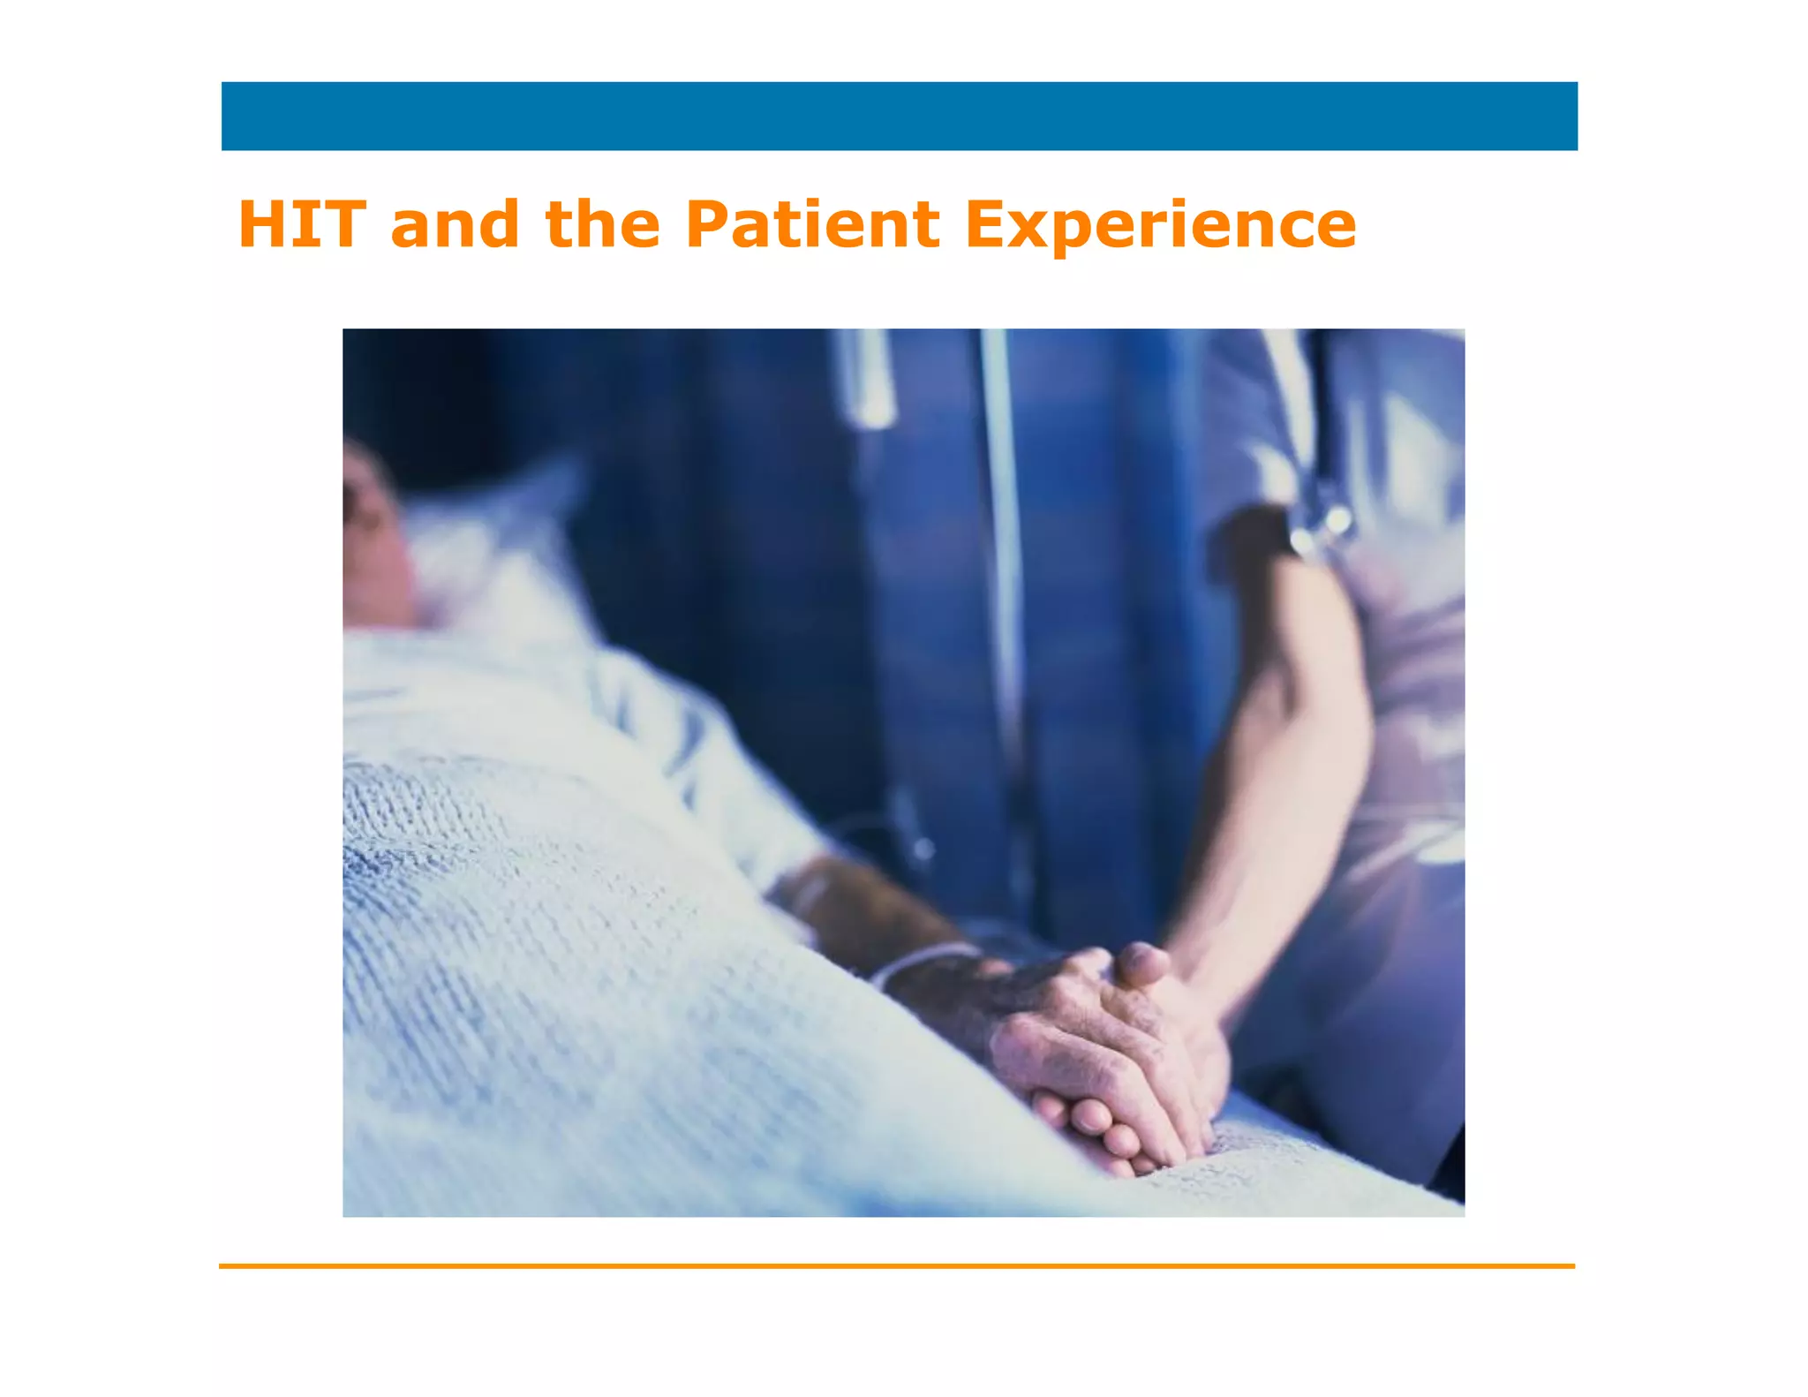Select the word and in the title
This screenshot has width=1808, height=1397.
(x=455, y=224)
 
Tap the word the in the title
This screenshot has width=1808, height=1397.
(x=603, y=224)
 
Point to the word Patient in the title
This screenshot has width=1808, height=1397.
(x=812, y=224)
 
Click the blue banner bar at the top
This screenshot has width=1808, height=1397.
(x=899, y=117)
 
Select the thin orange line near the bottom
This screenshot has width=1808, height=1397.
(x=897, y=1265)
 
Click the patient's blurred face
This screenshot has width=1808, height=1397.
(x=371, y=539)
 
